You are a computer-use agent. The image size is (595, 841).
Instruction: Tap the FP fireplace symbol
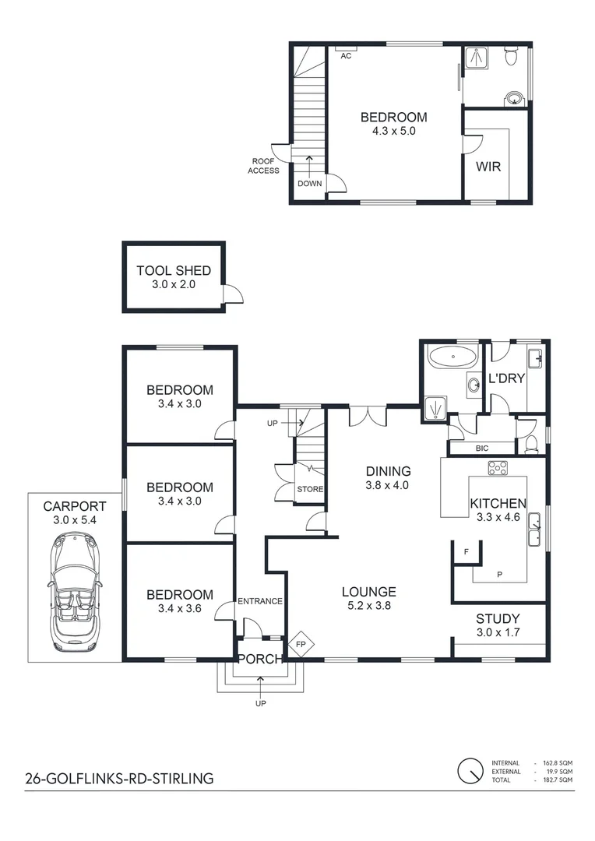300,645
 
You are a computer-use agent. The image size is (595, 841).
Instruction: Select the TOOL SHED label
174,271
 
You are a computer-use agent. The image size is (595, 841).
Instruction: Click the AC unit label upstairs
346,55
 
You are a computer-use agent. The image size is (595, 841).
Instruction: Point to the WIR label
488,167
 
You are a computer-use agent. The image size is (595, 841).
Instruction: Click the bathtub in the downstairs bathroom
452,360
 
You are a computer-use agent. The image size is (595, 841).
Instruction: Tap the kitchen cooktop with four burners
498,468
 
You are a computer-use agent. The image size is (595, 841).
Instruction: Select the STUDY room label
498,619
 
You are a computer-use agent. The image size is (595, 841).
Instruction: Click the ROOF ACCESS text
263,165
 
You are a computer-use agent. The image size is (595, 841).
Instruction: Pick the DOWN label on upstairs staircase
308,184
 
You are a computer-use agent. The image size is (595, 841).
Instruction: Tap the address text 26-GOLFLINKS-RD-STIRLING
118,778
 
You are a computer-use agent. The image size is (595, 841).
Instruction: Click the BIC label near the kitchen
481,449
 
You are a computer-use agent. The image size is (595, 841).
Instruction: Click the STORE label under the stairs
309,489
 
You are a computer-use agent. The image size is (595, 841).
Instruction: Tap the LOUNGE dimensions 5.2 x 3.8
369,606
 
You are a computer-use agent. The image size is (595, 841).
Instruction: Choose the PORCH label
259,659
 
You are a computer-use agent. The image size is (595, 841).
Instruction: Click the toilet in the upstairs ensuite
511,58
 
